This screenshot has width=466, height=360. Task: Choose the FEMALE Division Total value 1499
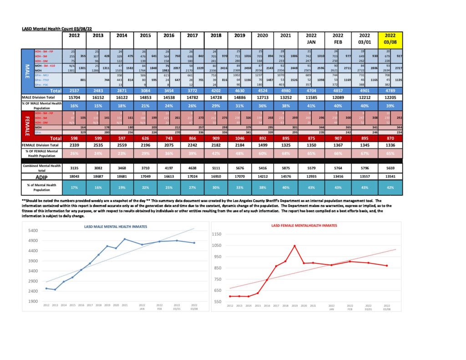265,144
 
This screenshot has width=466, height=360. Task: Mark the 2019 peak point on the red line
294,246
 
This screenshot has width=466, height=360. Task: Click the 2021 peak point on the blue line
124,239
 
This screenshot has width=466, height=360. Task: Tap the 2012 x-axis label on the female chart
230,306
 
